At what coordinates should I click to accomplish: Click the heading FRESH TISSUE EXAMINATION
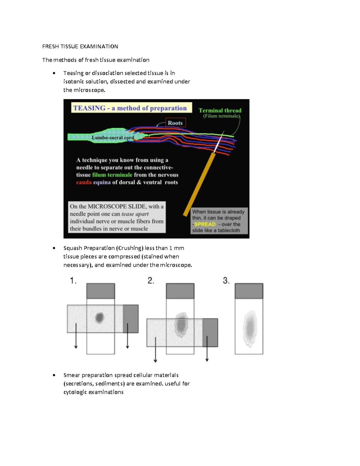[x=80, y=47]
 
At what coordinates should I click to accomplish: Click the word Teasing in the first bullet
[x=73, y=73]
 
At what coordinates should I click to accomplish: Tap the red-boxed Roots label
[x=175, y=123]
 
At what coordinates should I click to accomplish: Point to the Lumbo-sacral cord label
[x=112, y=137]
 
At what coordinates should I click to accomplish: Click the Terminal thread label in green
[x=220, y=110]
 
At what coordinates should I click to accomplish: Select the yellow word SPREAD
[x=205, y=224]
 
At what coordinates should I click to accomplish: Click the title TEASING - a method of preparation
[x=130, y=108]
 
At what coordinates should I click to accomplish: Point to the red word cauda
[x=84, y=182]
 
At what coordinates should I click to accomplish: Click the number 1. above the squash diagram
[x=73, y=281]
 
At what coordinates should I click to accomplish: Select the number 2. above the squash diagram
[x=151, y=281]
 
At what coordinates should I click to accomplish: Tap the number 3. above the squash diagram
[x=226, y=281]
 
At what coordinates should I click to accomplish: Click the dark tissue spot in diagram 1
[x=100, y=317]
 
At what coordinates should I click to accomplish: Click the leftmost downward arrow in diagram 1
[x=76, y=336]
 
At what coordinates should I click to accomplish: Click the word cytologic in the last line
[x=75, y=392]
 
